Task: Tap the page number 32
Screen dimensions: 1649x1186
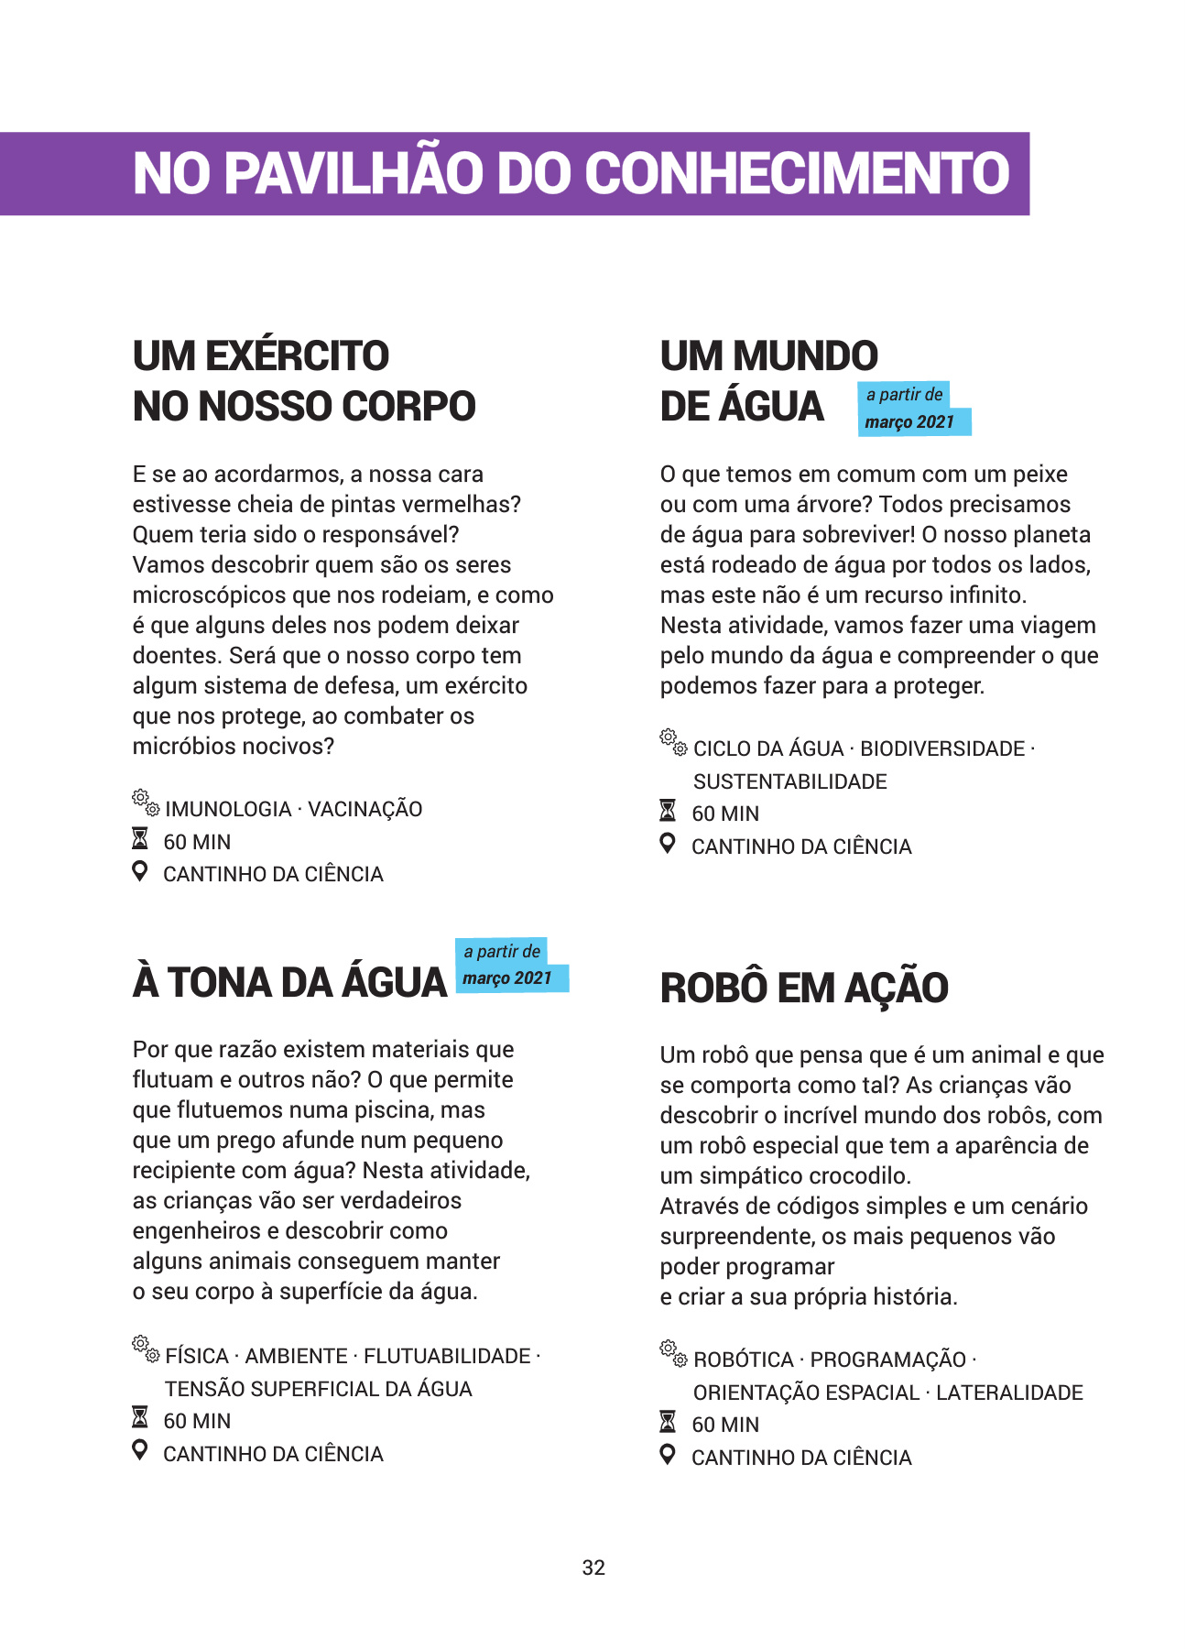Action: click(x=593, y=1567)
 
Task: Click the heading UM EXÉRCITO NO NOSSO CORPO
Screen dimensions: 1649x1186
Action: click(x=304, y=381)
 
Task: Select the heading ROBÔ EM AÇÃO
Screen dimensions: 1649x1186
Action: click(x=804, y=988)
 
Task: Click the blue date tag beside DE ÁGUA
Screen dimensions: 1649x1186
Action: click(x=912, y=409)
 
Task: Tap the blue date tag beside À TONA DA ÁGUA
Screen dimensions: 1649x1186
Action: click(x=510, y=966)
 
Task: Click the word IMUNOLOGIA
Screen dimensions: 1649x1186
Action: click(x=228, y=810)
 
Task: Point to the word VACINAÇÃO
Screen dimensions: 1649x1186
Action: click(x=365, y=810)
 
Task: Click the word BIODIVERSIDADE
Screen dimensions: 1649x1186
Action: click(x=941, y=749)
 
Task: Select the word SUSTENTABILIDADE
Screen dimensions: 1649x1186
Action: click(x=789, y=782)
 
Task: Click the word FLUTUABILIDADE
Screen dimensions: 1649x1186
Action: click(x=447, y=1357)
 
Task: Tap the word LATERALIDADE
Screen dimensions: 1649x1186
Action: click(x=1009, y=1393)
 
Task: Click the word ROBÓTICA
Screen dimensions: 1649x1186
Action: click(x=744, y=1360)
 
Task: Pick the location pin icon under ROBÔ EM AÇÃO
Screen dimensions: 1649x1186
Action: click(x=669, y=1454)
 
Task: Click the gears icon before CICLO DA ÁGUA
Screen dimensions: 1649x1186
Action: click(x=673, y=742)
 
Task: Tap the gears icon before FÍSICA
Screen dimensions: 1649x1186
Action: click(x=146, y=1349)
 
